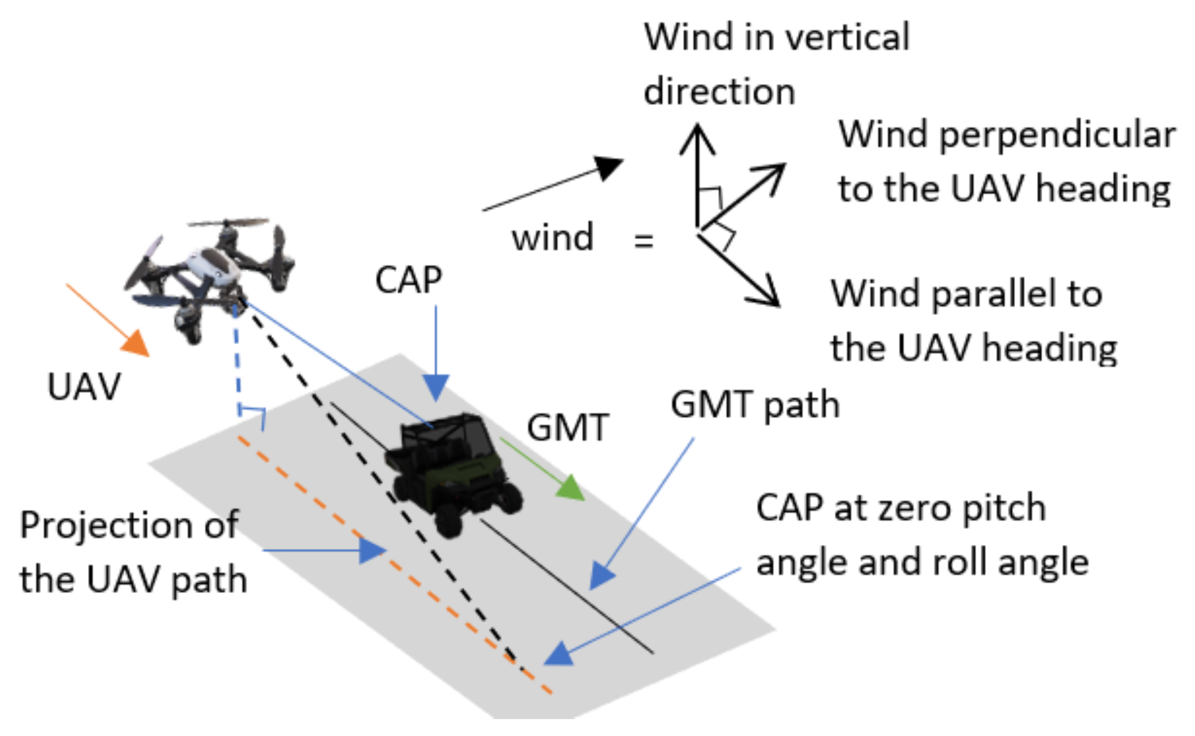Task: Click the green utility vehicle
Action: click(452, 472)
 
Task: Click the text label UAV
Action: click(84, 387)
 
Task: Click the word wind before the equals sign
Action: click(553, 237)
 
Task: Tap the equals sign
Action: click(644, 241)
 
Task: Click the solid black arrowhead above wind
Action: click(609, 167)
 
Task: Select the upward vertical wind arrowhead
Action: click(697, 138)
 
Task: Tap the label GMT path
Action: click(755, 405)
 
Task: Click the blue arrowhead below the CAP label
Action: click(435, 387)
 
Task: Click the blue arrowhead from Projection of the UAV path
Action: click(372, 550)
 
